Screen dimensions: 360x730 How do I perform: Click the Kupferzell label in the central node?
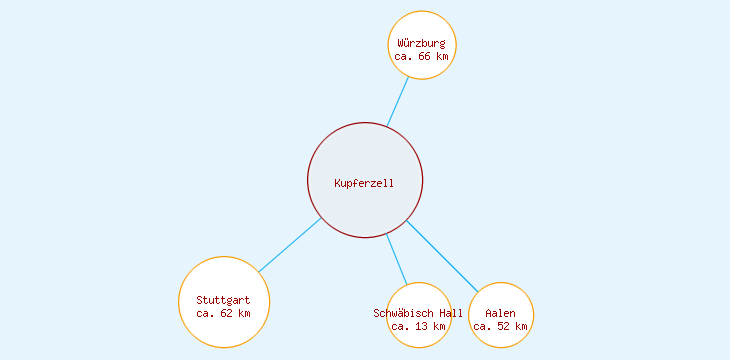pos(364,183)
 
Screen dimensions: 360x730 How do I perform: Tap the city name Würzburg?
pos(421,43)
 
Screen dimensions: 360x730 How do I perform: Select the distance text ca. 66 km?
pos(421,57)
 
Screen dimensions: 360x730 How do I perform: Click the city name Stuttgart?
pos(223,300)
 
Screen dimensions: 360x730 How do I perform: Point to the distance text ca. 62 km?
pos(223,313)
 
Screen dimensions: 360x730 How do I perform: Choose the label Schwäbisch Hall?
pos(418,313)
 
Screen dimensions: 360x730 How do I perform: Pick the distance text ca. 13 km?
pos(418,326)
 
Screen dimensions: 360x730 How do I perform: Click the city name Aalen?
pos(500,313)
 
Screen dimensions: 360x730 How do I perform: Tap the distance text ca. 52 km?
pos(500,326)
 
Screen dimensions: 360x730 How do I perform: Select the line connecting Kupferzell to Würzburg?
pos(398,102)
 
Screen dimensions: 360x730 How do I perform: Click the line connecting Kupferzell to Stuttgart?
pos(290,245)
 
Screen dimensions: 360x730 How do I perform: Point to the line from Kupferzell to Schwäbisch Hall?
pos(397,259)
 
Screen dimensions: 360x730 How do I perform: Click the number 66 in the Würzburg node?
pos(425,57)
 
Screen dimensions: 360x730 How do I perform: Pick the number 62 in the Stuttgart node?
pos(227,313)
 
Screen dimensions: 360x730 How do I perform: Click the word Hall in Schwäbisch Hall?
pos(451,313)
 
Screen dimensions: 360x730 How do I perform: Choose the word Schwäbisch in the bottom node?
pos(404,313)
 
